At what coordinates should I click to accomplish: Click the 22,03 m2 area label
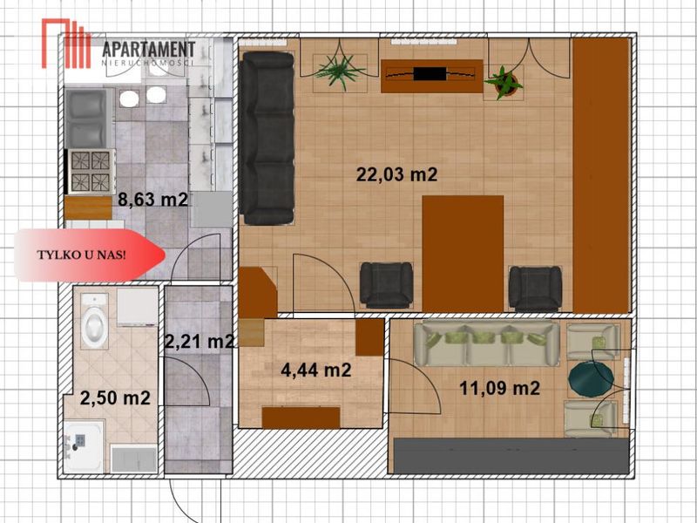(396, 174)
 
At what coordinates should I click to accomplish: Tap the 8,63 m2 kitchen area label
(153, 200)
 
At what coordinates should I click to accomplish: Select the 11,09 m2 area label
(499, 388)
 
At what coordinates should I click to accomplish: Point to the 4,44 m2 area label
(316, 370)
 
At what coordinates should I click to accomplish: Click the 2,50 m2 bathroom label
(115, 398)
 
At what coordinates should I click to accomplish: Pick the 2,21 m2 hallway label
(200, 342)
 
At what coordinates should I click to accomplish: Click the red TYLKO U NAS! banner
(90, 255)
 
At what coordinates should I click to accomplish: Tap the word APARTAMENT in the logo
(148, 50)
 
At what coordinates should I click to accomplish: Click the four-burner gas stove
(90, 171)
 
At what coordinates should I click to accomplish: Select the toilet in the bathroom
(94, 321)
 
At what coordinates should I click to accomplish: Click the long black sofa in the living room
(267, 139)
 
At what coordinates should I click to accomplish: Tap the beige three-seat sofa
(486, 343)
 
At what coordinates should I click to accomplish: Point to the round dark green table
(592, 378)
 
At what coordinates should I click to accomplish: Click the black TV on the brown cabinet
(430, 73)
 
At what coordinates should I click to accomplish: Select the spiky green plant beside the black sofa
(340, 71)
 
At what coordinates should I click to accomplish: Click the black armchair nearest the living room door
(386, 285)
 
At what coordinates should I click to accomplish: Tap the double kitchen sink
(89, 119)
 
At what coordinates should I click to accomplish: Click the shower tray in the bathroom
(85, 446)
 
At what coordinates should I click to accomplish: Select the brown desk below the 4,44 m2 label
(301, 418)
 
